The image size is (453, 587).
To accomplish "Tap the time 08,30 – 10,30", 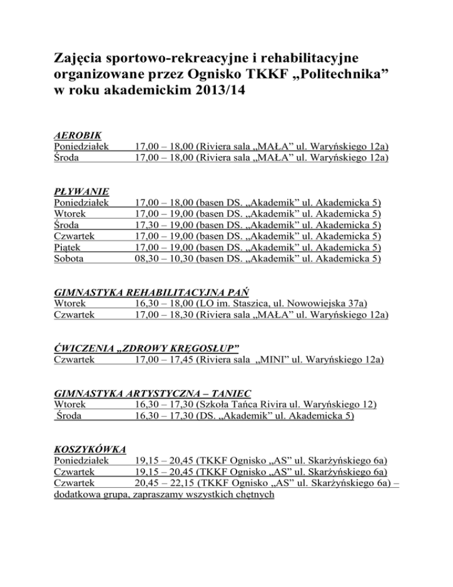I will [163, 258].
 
